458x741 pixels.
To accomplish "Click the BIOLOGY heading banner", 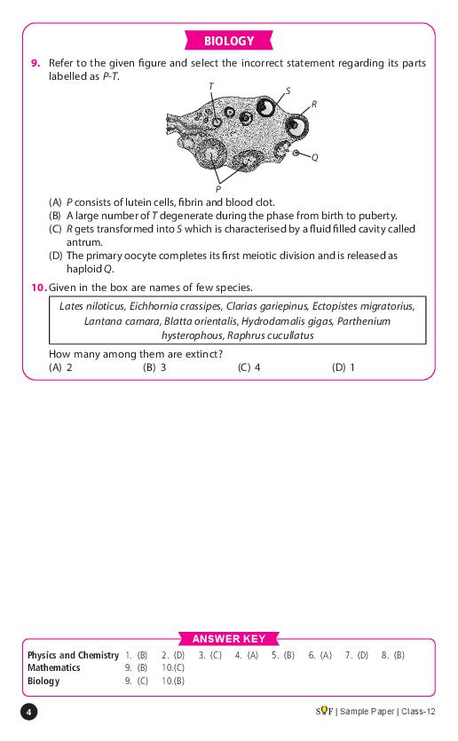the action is coord(229,41).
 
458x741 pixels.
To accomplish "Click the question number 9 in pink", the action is coord(36,63).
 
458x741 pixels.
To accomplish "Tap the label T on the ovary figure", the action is coord(210,86).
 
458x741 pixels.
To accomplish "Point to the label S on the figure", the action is coord(288,91).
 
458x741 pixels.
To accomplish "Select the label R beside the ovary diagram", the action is coord(314,105).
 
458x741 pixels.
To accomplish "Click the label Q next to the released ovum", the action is coord(315,157).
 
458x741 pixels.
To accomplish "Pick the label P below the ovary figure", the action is coord(217,189).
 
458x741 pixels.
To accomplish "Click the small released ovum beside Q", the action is coord(296,154).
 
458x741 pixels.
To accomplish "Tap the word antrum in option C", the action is coord(84,242).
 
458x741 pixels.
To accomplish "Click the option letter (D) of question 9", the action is coord(55,256).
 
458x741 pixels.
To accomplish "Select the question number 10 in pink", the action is coord(39,288).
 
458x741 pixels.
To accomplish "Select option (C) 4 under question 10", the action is coord(249,367).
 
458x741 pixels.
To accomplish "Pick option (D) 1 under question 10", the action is coord(343,367).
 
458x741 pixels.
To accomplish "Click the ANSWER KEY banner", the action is coord(229,639).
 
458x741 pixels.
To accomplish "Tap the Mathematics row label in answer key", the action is coord(54,667).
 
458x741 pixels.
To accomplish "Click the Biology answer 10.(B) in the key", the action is coord(173,681).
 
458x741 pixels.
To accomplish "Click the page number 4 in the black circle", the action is coord(28,713).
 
